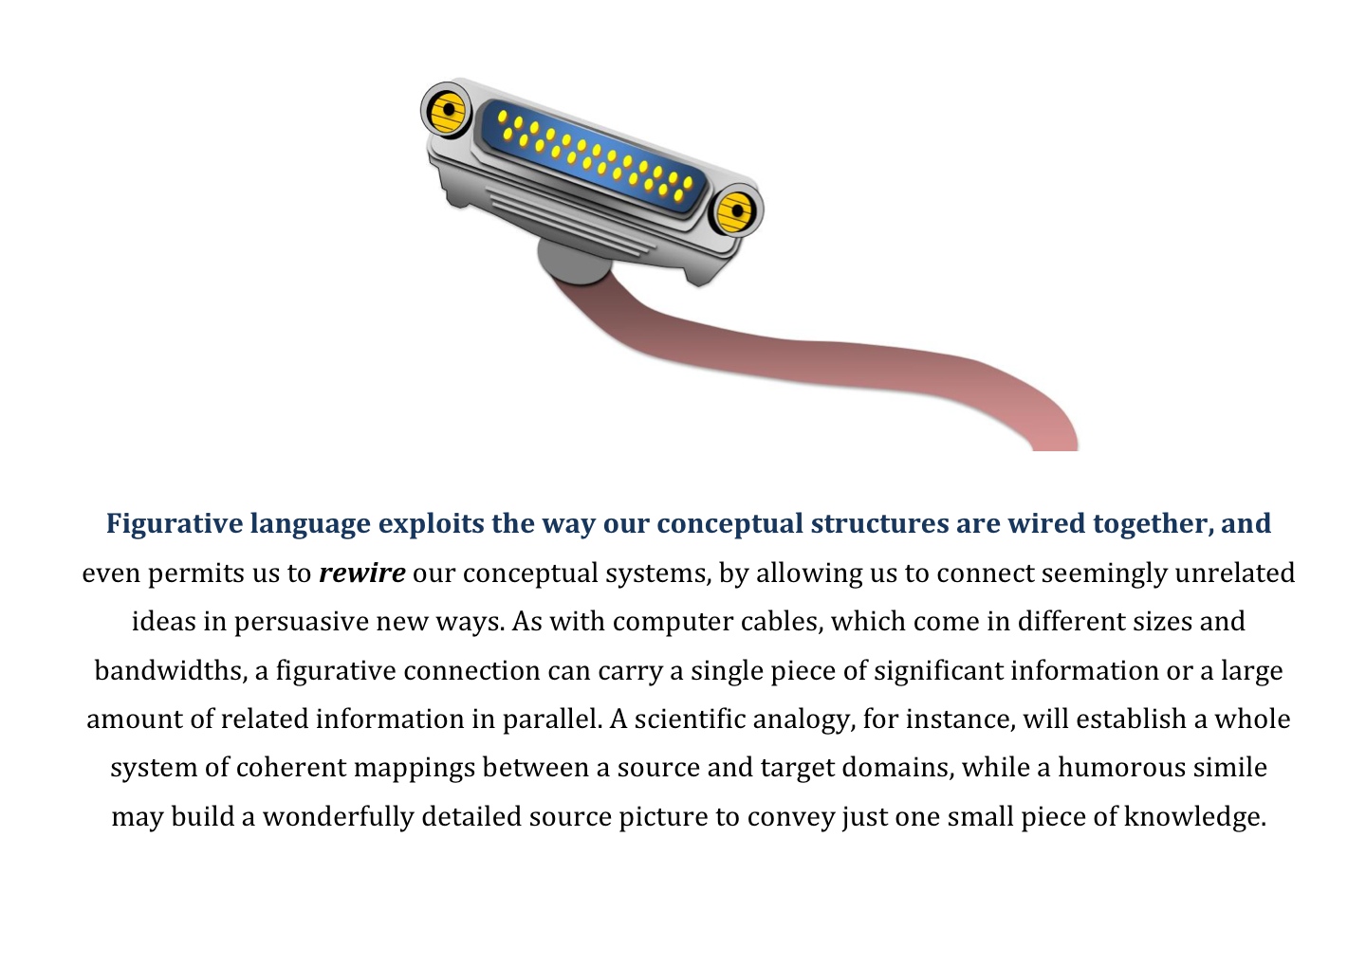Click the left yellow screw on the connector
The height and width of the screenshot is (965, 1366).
tap(447, 111)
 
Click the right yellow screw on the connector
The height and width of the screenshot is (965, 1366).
tap(736, 211)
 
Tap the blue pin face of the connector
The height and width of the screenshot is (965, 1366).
tap(595, 155)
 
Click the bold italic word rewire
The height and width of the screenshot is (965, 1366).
tap(362, 573)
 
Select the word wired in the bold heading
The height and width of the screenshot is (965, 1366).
tap(1045, 523)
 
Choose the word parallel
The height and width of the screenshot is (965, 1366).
tap(552, 719)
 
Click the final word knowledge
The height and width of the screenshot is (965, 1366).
tap(1195, 817)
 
